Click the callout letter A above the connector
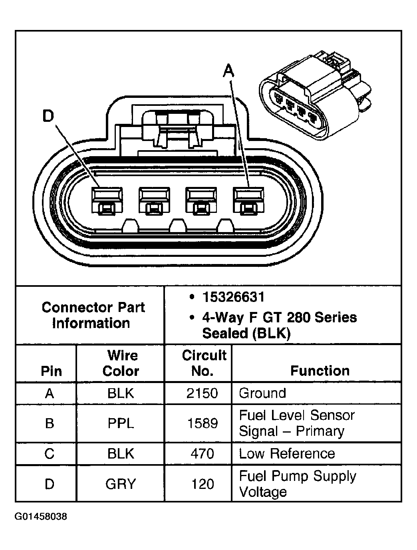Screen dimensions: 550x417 tap(228, 71)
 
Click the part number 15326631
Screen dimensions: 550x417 tap(233, 297)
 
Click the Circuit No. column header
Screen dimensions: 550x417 tap(204, 363)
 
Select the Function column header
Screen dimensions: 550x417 tap(320, 371)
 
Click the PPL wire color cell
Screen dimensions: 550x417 tap(121, 423)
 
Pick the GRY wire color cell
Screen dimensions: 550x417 tap(121, 484)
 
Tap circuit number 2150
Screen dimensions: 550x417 tap(203, 393)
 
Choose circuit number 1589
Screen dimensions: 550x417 tap(203, 423)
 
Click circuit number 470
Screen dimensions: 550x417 tap(203, 454)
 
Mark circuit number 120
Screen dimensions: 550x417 tap(203, 484)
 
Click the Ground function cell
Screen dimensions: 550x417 tap(262, 393)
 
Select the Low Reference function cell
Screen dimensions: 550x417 tap(287, 454)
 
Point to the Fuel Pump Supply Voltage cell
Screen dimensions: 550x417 tap(297, 484)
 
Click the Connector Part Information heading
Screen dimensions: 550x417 tap(93, 315)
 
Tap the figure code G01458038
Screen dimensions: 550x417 tap(41, 516)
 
